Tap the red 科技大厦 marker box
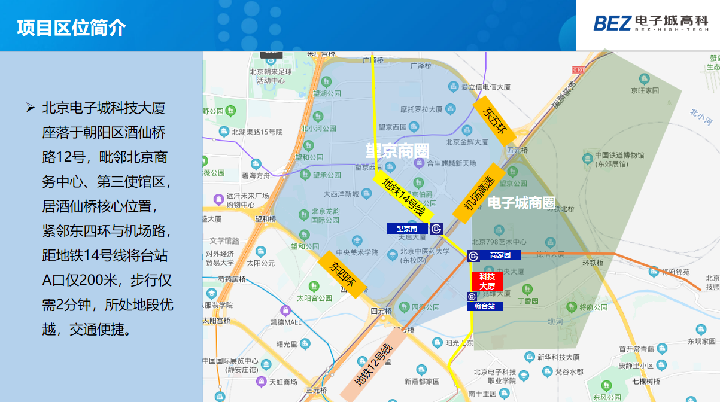(487, 281)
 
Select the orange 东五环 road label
(494, 118)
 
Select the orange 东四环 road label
(341, 274)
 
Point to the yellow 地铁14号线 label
(403, 197)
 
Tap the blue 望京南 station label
(407, 229)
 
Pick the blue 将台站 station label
(485, 306)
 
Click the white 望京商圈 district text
(397, 150)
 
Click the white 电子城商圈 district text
(521, 203)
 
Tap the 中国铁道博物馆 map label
(619, 156)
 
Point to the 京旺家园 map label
(644, 90)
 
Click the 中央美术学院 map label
(357, 252)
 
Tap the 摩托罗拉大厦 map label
(421, 109)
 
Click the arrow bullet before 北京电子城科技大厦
(30, 108)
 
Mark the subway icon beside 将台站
(472, 296)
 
